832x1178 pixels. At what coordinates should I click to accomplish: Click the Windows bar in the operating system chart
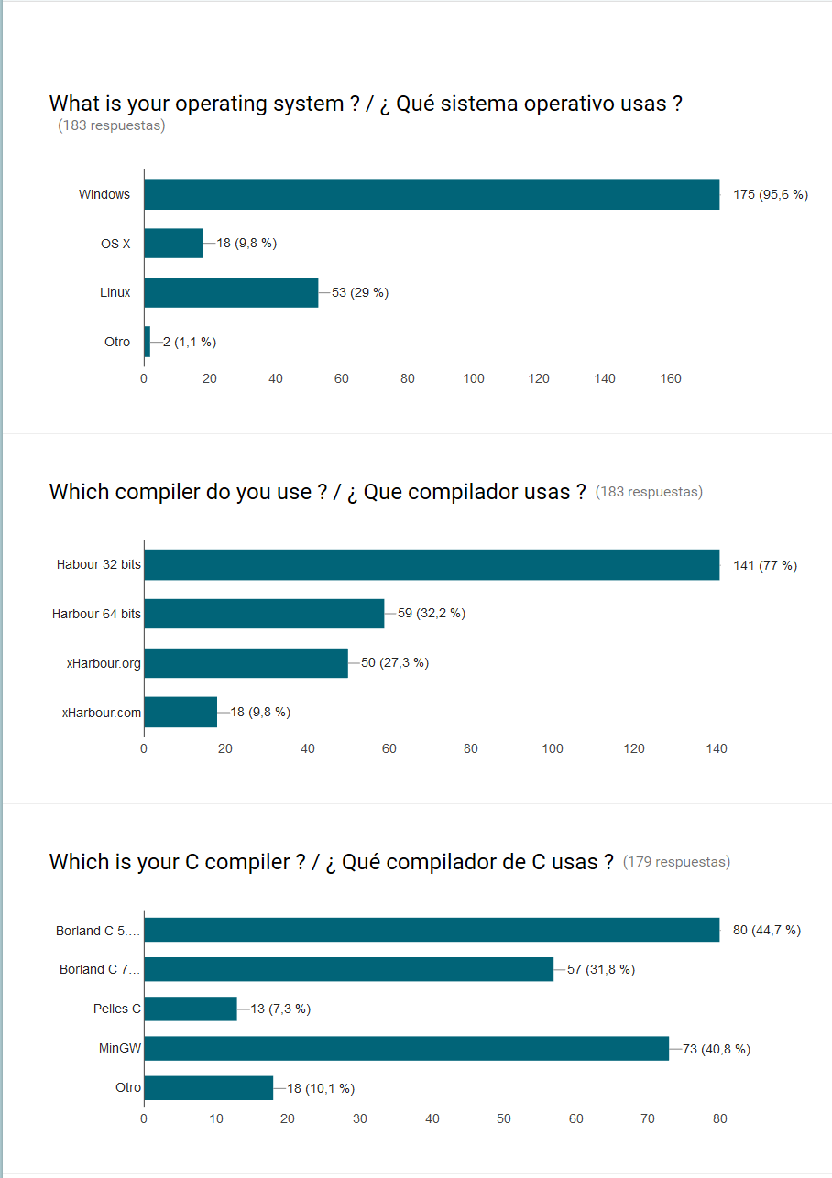pyautogui.click(x=432, y=194)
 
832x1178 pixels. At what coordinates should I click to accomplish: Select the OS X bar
pyautogui.click(x=173, y=243)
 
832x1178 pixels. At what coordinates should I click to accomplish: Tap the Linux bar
pyautogui.click(x=231, y=292)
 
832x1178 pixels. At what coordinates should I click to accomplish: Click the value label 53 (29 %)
pyautogui.click(x=360, y=292)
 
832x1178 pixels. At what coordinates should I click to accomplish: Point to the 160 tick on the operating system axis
pyautogui.click(x=671, y=378)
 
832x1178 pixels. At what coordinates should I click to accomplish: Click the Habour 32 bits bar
pyautogui.click(x=432, y=564)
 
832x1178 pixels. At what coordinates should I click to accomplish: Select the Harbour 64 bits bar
pyautogui.click(x=264, y=613)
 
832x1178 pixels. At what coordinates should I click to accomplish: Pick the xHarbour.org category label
pyautogui.click(x=104, y=662)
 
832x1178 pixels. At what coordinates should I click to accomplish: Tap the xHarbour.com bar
pyautogui.click(x=181, y=712)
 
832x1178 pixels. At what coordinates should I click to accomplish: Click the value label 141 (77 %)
pyautogui.click(x=765, y=565)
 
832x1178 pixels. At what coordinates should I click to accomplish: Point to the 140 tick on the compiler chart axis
pyautogui.click(x=717, y=748)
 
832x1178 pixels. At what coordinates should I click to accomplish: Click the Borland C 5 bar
pyautogui.click(x=432, y=930)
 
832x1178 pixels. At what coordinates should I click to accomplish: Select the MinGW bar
pyautogui.click(x=406, y=1048)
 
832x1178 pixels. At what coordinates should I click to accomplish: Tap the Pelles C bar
pyautogui.click(x=191, y=1009)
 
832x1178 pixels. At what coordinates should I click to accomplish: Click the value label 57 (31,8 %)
pyautogui.click(x=601, y=969)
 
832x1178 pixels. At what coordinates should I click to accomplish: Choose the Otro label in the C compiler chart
pyautogui.click(x=128, y=1087)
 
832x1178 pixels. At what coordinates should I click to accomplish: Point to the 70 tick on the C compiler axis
pyautogui.click(x=648, y=1118)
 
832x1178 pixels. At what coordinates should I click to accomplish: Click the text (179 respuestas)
pyautogui.click(x=676, y=862)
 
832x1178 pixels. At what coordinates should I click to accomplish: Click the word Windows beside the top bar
pyautogui.click(x=104, y=194)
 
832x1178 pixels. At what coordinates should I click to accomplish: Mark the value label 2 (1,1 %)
pyautogui.click(x=190, y=342)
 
